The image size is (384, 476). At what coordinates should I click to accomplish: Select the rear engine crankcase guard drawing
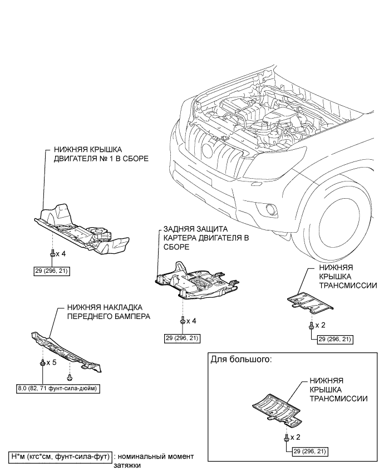point(198,281)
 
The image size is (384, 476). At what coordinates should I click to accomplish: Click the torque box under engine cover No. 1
point(52,271)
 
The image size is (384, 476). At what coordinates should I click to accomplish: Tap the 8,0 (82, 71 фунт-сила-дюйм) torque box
point(58,388)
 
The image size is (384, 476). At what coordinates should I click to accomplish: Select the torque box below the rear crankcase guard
point(183,338)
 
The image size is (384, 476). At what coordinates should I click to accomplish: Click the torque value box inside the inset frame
point(310,452)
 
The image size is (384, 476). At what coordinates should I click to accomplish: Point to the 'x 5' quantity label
point(51,362)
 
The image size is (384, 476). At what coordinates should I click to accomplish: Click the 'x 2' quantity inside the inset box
point(295,437)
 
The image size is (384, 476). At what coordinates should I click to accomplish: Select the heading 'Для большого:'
point(241,360)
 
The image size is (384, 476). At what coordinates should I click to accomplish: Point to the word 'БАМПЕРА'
point(133,316)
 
